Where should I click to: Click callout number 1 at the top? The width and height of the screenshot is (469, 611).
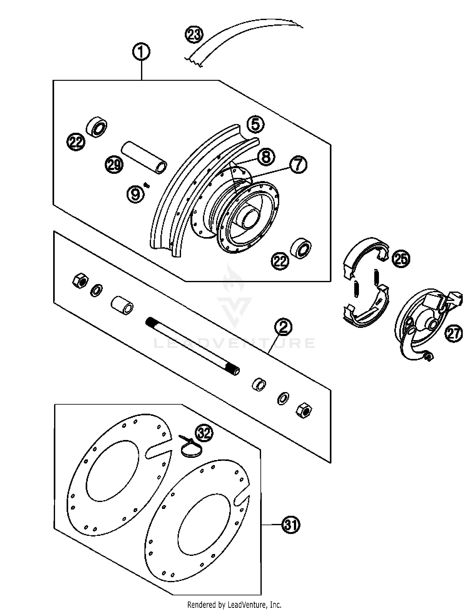(x=141, y=52)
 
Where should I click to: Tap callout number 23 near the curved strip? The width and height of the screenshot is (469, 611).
(x=194, y=34)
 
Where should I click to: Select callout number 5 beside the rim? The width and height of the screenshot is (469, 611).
(x=255, y=125)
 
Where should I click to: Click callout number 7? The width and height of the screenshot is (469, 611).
(x=298, y=164)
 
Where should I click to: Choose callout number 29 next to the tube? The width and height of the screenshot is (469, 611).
(x=114, y=164)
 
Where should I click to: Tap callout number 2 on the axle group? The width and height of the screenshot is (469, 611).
(x=283, y=327)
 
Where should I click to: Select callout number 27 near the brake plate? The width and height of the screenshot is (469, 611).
(x=453, y=334)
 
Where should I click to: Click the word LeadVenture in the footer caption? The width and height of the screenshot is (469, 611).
(x=247, y=605)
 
